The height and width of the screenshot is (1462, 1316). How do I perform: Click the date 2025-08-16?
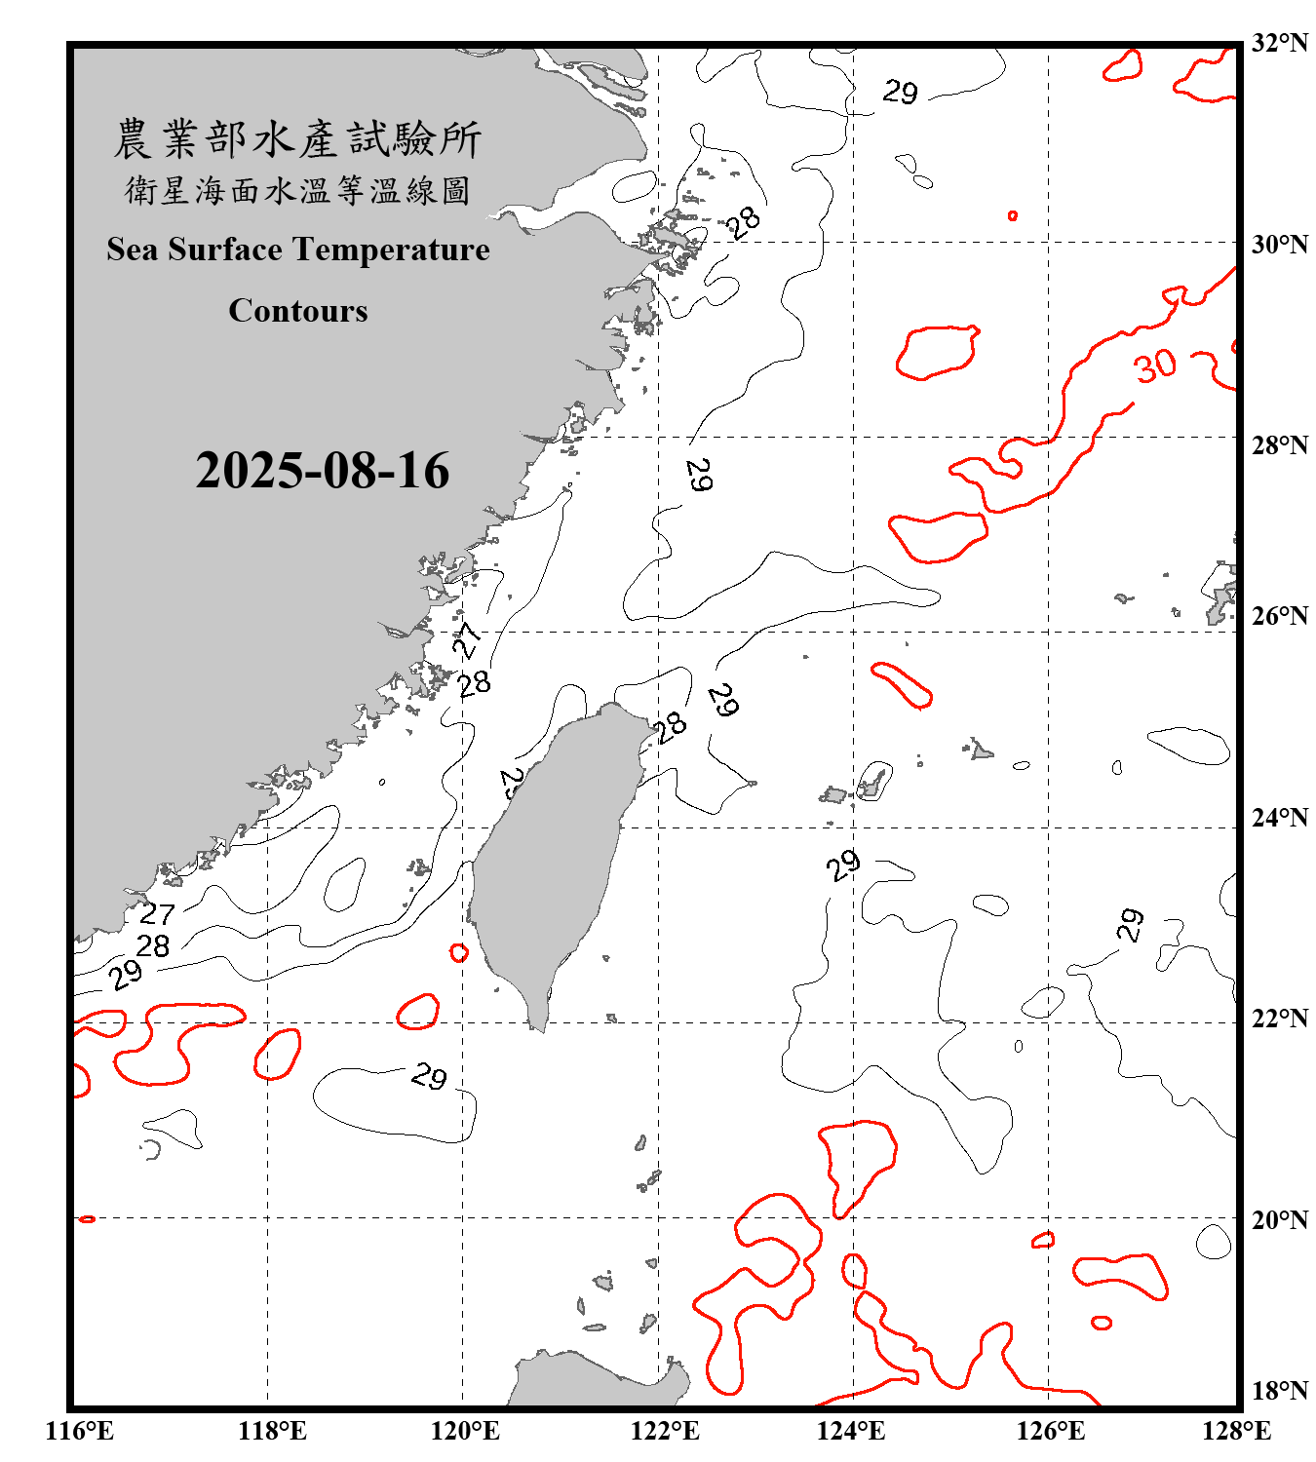click(322, 471)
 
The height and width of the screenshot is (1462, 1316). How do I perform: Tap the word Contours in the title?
click(298, 311)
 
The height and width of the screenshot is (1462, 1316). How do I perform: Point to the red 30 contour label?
click(1155, 367)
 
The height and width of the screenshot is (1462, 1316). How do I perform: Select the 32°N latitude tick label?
click(1279, 43)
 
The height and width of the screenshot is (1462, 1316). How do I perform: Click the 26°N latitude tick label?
click(1279, 616)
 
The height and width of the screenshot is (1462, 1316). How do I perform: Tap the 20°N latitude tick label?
click(1279, 1219)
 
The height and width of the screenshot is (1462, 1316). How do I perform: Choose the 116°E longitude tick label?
click(80, 1431)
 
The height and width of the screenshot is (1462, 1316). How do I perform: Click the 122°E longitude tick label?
click(665, 1431)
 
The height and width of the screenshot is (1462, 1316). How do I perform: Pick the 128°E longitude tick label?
click(1236, 1431)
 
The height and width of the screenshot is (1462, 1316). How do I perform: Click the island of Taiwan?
click(551, 858)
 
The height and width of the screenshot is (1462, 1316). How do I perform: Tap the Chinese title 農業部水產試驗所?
click(297, 139)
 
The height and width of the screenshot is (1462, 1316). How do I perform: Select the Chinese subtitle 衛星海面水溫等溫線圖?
click(297, 190)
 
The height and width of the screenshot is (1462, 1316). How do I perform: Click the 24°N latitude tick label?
click(1279, 818)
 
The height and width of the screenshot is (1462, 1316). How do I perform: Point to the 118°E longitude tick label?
click(272, 1431)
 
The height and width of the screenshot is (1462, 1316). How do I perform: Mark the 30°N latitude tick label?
click(1279, 245)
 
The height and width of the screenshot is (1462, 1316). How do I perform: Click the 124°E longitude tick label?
click(851, 1431)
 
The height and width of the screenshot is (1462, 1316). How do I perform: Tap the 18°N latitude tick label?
click(1279, 1391)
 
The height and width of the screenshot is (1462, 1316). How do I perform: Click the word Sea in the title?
click(133, 250)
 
